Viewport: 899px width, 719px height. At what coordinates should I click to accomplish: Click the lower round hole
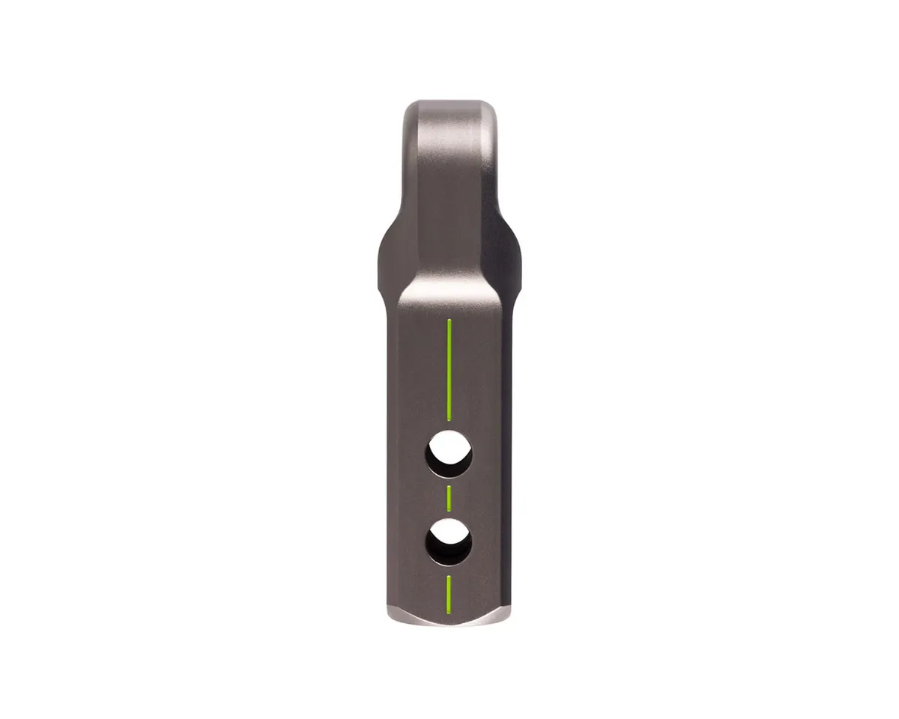449,540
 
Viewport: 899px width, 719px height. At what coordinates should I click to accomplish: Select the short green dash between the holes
449,497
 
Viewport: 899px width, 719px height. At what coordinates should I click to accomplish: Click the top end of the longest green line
449,321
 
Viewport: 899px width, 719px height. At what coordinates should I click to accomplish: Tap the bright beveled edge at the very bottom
448,619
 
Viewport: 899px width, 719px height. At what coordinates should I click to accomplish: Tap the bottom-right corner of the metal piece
510,610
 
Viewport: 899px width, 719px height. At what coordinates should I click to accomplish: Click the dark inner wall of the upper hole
438,463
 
